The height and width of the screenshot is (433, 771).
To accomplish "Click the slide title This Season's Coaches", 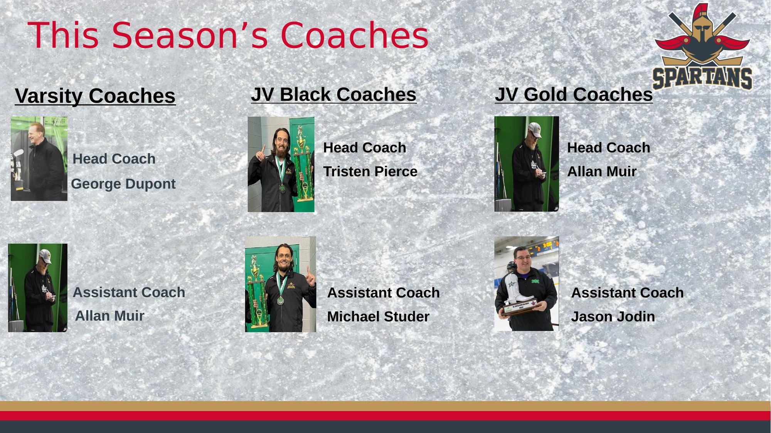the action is [228, 35].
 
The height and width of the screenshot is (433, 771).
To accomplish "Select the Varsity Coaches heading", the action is [95, 96].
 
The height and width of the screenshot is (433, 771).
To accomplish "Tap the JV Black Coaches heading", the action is [334, 95].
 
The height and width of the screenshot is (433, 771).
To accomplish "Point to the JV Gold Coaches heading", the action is [574, 95].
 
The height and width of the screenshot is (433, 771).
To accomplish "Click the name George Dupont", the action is [123, 184].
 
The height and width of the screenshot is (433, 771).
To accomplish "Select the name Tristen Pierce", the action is [370, 171].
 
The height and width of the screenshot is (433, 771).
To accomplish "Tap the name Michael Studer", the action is [378, 317].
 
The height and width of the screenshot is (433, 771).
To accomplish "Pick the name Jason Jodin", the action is [613, 317].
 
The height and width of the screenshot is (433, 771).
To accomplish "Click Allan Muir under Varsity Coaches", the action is [109, 316].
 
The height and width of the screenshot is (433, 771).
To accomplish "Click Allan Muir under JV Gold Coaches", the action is [602, 171].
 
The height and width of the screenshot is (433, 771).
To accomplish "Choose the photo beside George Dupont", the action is [39, 159].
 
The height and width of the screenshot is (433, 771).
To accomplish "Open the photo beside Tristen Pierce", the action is [281, 164].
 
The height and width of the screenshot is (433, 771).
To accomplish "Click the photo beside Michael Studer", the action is [281, 284].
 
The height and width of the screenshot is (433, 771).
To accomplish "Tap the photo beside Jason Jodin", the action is [527, 284].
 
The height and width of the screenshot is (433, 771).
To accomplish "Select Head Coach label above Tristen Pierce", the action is [365, 148].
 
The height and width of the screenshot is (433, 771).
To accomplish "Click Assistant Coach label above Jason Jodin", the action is [627, 293].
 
